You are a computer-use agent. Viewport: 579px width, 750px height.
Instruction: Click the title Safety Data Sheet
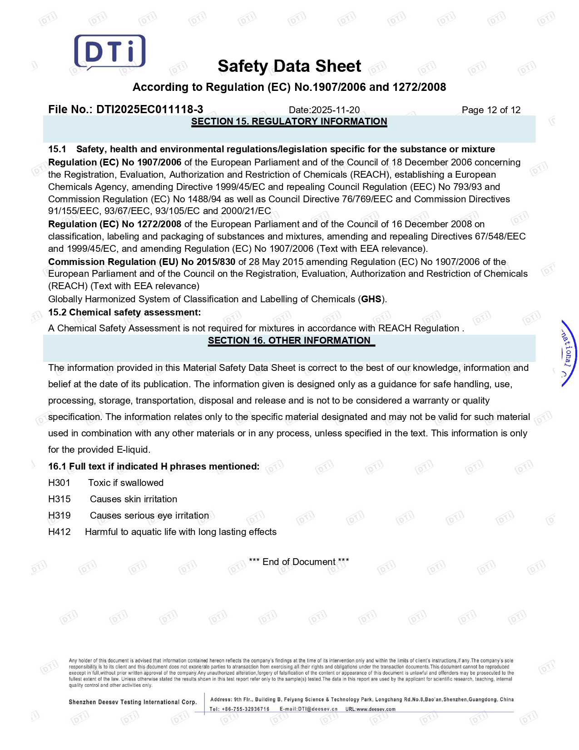pos(289,66)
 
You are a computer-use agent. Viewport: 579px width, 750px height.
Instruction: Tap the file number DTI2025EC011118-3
pos(149,110)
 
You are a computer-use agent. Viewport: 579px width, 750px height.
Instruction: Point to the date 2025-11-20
pos(335,110)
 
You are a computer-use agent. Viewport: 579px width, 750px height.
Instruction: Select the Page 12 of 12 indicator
pos(491,110)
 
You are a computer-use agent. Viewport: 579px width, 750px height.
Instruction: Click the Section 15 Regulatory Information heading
pos(289,121)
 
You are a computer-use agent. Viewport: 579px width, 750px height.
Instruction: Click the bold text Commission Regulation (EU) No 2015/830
pos(142,262)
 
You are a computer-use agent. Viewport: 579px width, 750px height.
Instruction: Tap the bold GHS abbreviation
pos(371,299)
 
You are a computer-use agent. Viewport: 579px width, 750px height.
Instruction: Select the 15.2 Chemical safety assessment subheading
pos(124,312)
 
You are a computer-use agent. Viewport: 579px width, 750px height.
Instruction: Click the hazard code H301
pos(59,483)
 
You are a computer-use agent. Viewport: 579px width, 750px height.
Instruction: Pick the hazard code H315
pos(59,499)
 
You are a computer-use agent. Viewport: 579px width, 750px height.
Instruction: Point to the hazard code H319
pos(59,515)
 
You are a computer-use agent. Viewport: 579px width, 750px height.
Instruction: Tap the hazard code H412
pos(59,532)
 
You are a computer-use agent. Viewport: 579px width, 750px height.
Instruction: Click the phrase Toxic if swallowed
pos(126,483)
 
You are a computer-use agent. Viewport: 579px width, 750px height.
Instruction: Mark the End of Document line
pos(299,562)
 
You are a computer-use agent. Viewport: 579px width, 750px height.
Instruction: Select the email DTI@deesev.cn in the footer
pos(317,709)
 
